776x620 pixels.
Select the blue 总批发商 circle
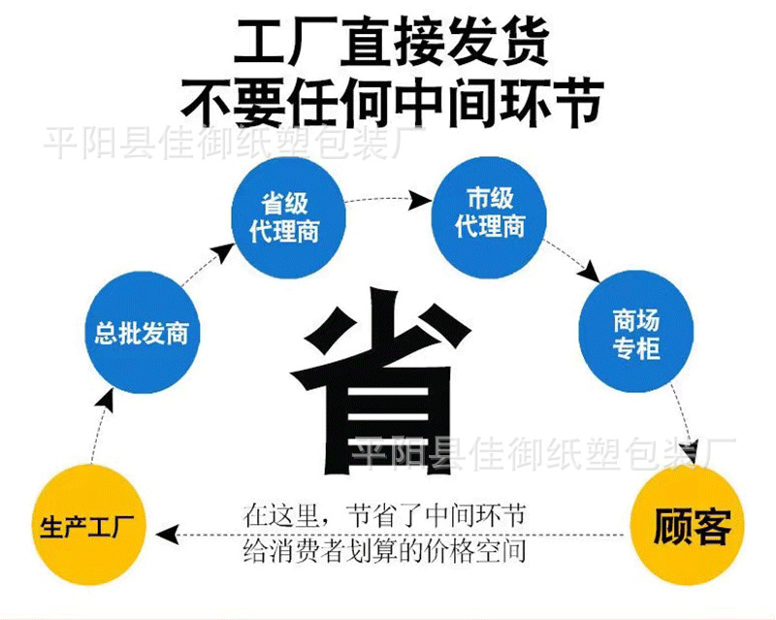click(141, 335)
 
